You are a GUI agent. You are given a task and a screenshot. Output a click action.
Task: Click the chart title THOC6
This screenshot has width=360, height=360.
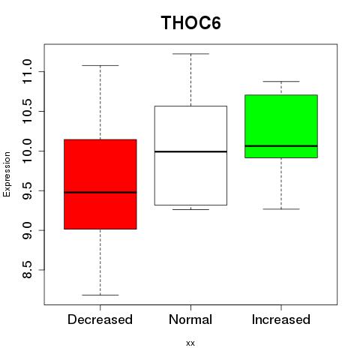pos(190,22)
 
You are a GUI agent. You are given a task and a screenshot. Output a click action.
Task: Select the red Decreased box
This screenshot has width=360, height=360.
pos(100,184)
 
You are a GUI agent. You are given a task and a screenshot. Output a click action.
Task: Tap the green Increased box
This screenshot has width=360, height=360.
pos(281,126)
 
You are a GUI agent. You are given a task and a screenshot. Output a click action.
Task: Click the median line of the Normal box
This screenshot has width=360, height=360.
pos(190,151)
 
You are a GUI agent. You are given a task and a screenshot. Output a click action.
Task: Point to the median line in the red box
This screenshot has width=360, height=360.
pos(100,192)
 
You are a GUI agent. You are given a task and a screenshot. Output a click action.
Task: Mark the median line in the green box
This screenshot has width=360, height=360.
pos(281,145)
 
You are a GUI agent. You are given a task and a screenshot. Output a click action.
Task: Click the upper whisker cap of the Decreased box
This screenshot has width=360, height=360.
pos(100,65)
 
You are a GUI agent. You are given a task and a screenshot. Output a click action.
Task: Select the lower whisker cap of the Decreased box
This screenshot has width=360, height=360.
pos(100,295)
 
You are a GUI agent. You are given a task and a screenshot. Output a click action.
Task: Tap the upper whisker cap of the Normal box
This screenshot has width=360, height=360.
pos(190,54)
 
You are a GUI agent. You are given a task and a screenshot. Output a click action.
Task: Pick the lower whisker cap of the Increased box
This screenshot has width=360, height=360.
pos(281,209)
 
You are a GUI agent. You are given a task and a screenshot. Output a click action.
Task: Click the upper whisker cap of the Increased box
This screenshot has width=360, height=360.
pos(281,82)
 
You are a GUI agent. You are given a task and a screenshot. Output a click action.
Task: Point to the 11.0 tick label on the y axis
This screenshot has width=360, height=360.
pos(27,72)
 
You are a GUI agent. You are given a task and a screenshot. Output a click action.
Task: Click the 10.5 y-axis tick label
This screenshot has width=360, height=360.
pos(27,111)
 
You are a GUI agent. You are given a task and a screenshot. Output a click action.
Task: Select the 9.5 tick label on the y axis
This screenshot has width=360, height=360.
pos(27,190)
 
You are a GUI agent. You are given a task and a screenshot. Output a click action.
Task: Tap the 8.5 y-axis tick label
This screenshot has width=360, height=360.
pos(27,270)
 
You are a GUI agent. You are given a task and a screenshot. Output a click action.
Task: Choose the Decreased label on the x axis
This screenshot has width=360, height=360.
pos(100,319)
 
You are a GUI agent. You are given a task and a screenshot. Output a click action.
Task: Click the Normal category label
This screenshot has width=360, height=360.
pos(190,319)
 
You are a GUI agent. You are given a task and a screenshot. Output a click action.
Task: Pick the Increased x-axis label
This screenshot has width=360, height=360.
pos(281,319)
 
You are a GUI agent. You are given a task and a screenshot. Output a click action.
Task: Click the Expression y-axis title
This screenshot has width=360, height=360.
pos(7,174)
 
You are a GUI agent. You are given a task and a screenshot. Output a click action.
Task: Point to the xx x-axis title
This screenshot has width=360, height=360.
pos(190,343)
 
